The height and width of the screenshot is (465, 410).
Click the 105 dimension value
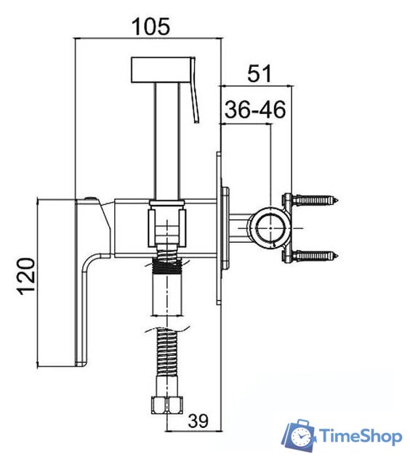150,26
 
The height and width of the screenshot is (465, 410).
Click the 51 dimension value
260,73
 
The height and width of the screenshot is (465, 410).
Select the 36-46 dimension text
255,109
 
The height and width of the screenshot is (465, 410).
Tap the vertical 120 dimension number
26,277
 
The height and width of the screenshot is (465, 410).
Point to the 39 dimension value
198,420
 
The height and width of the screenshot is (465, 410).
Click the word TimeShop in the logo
361,436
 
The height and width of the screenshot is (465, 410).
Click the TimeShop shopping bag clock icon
300,434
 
